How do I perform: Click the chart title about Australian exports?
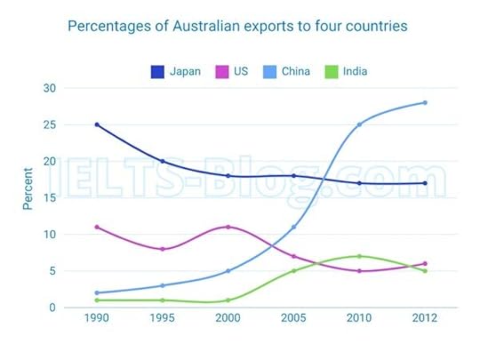pyautogui.click(x=237, y=26)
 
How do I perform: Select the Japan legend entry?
pyautogui.click(x=177, y=71)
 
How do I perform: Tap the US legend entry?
pyautogui.click(x=233, y=71)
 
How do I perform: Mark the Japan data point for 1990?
pyautogui.click(x=96, y=124)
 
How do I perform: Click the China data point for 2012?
pyautogui.click(x=425, y=102)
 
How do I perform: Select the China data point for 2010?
pyautogui.click(x=359, y=124)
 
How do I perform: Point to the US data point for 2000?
pyautogui.click(x=228, y=227)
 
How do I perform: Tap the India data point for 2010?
pyautogui.click(x=359, y=256)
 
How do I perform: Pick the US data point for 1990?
pyautogui.click(x=96, y=227)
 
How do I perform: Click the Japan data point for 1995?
pyautogui.click(x=162, y=161)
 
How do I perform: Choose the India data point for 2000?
pyautogui.click(x=228, y=300)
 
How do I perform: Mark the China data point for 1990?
pyautogui.click(x=96, y=292)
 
